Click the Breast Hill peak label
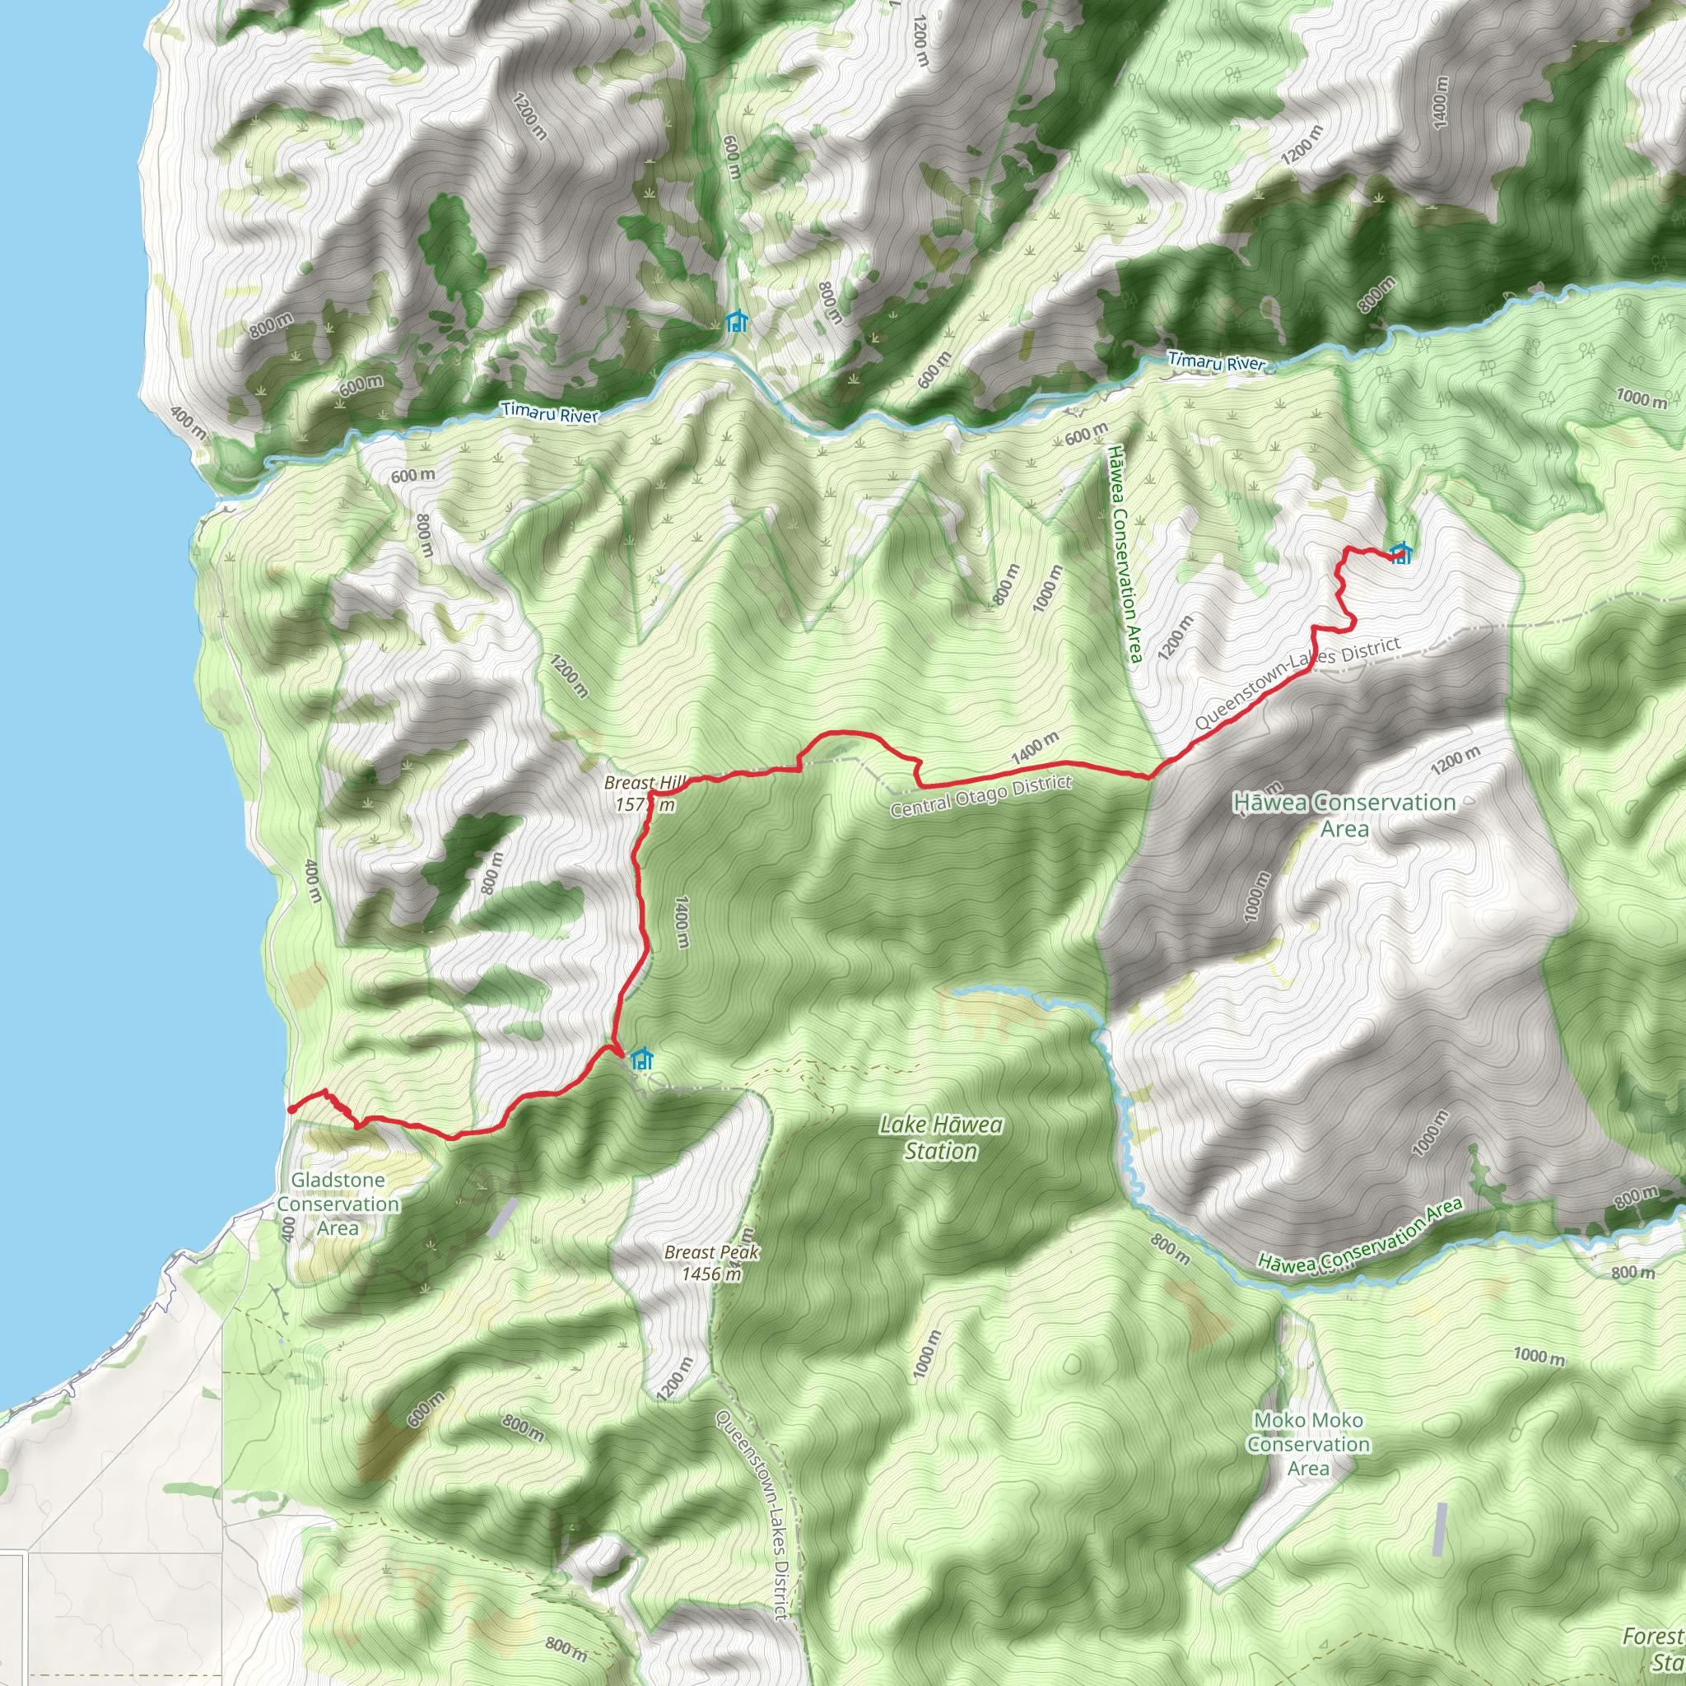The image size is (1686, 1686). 645,794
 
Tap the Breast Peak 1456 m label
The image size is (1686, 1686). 711,1263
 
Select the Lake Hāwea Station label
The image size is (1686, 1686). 941,1138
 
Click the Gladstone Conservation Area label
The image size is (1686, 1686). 338,1204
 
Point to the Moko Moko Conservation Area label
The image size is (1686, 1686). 1308,1444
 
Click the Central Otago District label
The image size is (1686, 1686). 980,796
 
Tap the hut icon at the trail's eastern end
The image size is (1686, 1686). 1400,553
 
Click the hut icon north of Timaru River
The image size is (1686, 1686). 737,322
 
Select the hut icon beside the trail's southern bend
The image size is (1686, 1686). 642,1060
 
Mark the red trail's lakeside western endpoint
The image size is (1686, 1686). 290,1109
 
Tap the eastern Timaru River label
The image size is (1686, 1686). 1217,361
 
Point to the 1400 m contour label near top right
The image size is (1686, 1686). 1440,102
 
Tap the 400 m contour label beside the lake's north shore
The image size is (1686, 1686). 189,421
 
